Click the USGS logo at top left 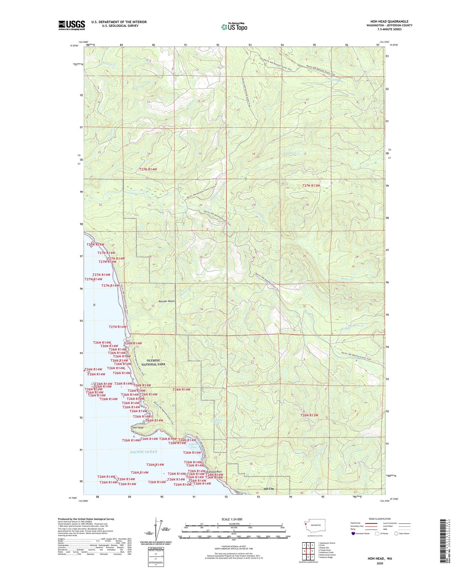click(x=72, y=25)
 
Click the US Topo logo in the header click(x=234, y=26)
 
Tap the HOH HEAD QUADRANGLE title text click(x=389, y=21)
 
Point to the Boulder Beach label click(x=167, y=301)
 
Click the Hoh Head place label click(x=138, y=428)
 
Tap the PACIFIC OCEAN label click(x=143, y=452)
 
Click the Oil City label click(x=269, y=489)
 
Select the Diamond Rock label click(x=214, y=472)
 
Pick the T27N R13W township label click(x=311, y=185)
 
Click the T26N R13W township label click(x=309, y=415)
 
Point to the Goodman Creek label click(x=134, y=193)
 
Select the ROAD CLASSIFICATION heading click(x=380, y=519)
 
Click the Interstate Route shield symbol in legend click(x=353, y=533)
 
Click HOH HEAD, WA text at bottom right click(x=380, y=559)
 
